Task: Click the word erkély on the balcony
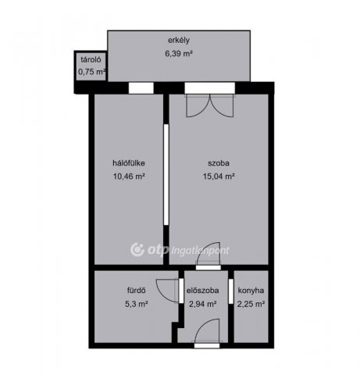point(179,41)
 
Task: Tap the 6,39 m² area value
point(179,54)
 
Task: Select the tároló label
point(91,59)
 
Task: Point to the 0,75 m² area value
point(92,72)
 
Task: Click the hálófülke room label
point(129,163)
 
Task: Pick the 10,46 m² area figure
point(129,177)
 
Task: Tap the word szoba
point(219,163)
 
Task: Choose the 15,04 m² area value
point(219,177)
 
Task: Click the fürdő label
point(136,291)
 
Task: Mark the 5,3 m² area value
point(137,304)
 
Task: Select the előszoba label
point(202,291)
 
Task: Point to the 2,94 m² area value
point(203,304)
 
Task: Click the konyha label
point(251,291)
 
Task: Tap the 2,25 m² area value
point(251,304)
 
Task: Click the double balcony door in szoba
point(210,105)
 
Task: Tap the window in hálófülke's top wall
point(141,88)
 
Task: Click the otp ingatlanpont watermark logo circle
point(137,250)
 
